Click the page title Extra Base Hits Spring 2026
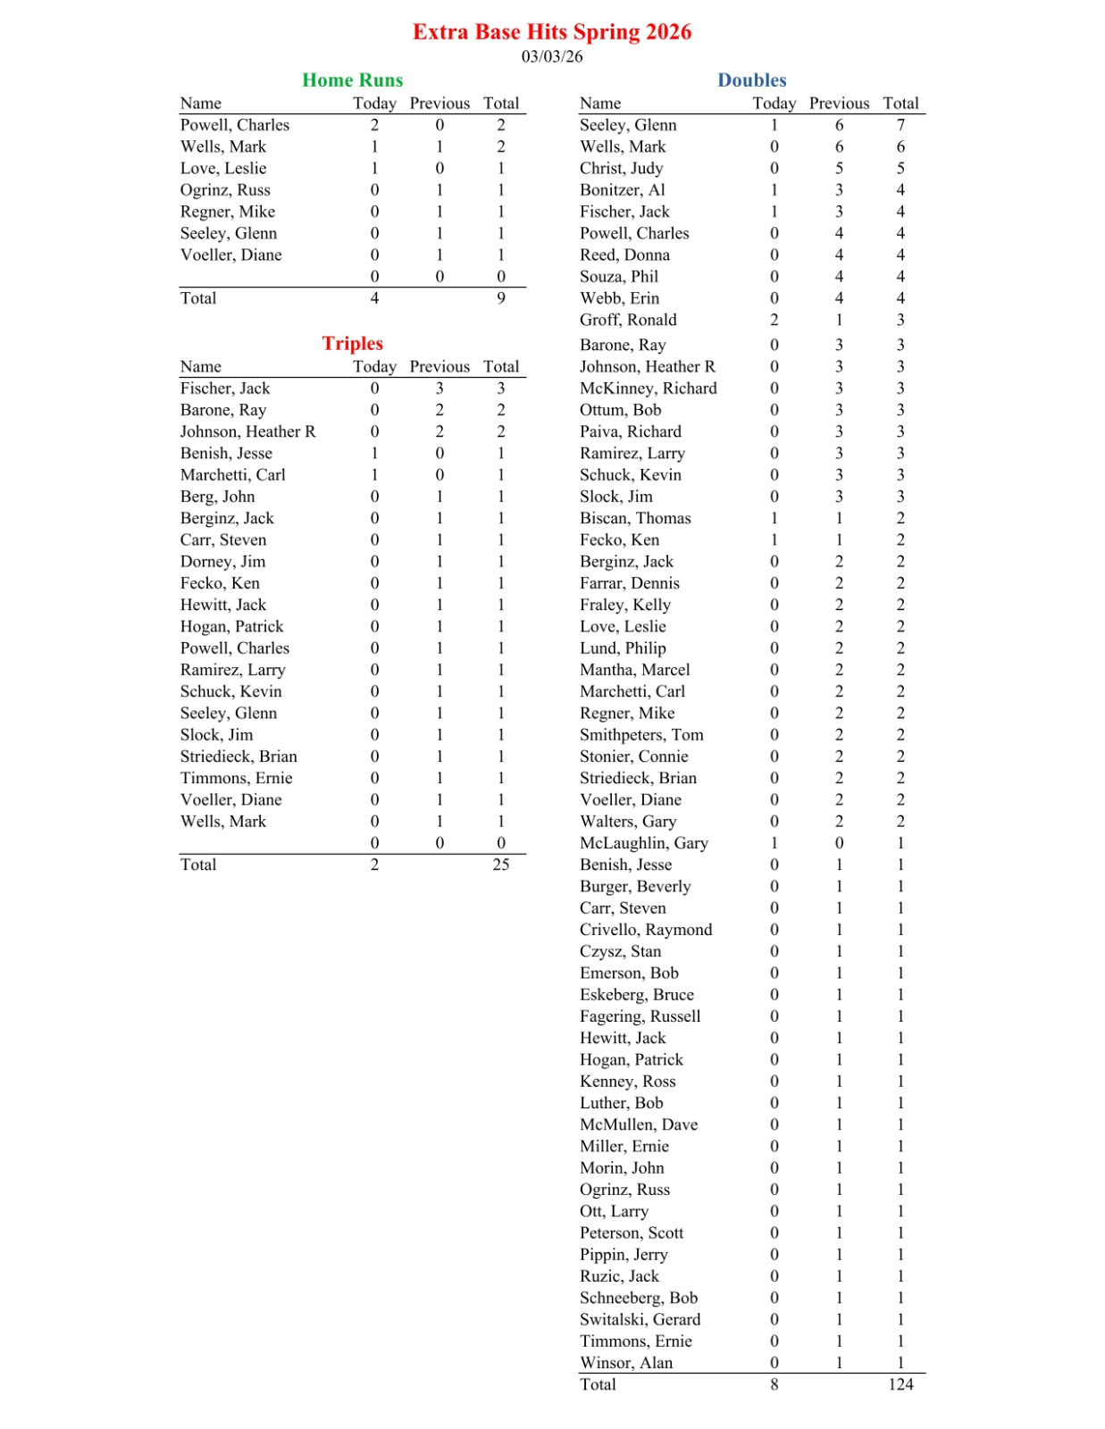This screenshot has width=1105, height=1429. point(551,32)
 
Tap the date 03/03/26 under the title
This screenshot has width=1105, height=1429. point(551,57)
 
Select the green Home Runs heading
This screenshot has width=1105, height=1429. point(352,80)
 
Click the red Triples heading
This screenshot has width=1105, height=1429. point(352,344)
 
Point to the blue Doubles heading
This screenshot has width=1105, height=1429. point(751,80)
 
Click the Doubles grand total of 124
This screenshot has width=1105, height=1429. point(900,1384)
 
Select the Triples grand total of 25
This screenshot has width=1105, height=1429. point(500,865)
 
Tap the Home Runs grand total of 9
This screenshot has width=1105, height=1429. point(500,298)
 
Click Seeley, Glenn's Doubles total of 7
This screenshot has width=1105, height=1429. point(900,125)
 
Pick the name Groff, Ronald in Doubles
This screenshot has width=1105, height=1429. point(628,320)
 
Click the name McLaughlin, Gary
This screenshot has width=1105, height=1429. point(643,843)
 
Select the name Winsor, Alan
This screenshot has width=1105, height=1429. point(625,1363)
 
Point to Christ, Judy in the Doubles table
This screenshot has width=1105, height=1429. point(621,169)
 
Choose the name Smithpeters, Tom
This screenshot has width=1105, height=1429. point(641,735)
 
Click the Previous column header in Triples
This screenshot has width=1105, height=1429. point(439,367)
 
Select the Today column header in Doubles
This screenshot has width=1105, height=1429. point(774,104)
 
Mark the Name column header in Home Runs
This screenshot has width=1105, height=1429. point(200,104)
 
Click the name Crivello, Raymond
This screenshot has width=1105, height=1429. point(646,930)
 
